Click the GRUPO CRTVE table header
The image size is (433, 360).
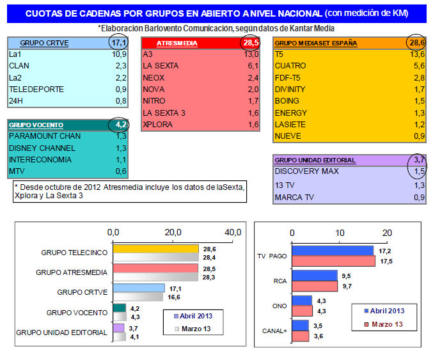45,43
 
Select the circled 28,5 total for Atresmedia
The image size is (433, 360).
249,43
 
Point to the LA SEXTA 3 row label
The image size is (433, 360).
164,113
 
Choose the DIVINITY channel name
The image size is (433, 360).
290,89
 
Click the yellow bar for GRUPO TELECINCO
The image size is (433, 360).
155,249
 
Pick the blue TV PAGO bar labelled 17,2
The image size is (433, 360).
333,250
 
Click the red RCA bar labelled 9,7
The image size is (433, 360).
315,286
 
